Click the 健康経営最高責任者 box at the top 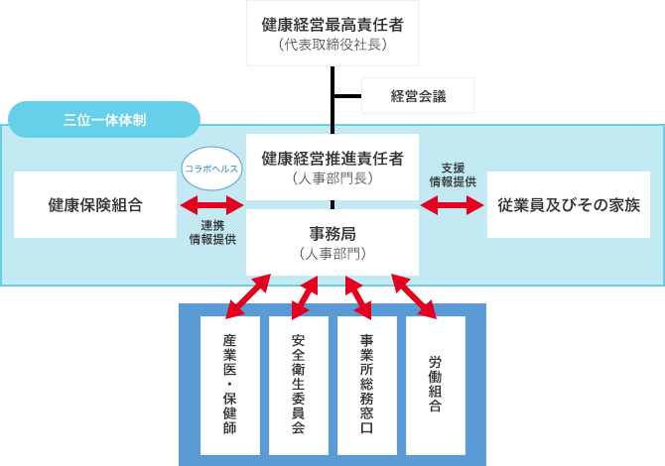coord(332,33)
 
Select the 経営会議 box coord(417,96)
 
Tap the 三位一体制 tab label coord(104,120)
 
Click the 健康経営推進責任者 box coord(332,167)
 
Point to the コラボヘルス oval coord(211,169)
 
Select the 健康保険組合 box coord(95,205)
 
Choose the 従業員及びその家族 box coord(569,205)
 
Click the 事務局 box coord(332,242)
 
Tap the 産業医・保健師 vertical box coord(229,385)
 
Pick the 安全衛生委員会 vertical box coord(298,385)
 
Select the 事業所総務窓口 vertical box coord(366,385)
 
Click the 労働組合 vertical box coord(435,385)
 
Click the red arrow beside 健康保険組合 coord(211,205)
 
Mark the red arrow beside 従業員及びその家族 coord(452,205)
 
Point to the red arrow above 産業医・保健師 coord(247,295)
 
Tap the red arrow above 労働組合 coord(414,295)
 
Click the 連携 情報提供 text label coord(211,232)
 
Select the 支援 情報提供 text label coord(452,175)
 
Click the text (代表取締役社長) coord(332,45)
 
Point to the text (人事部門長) coord(332,179)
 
